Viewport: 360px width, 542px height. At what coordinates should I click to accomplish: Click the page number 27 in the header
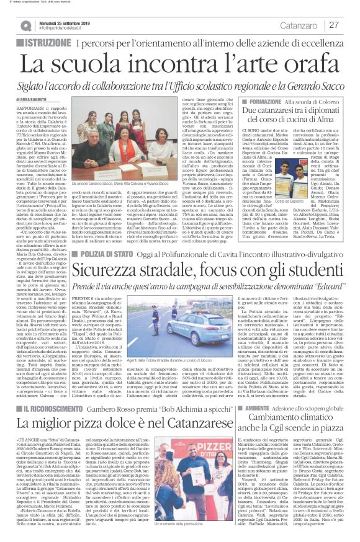(x=334, y=25)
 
